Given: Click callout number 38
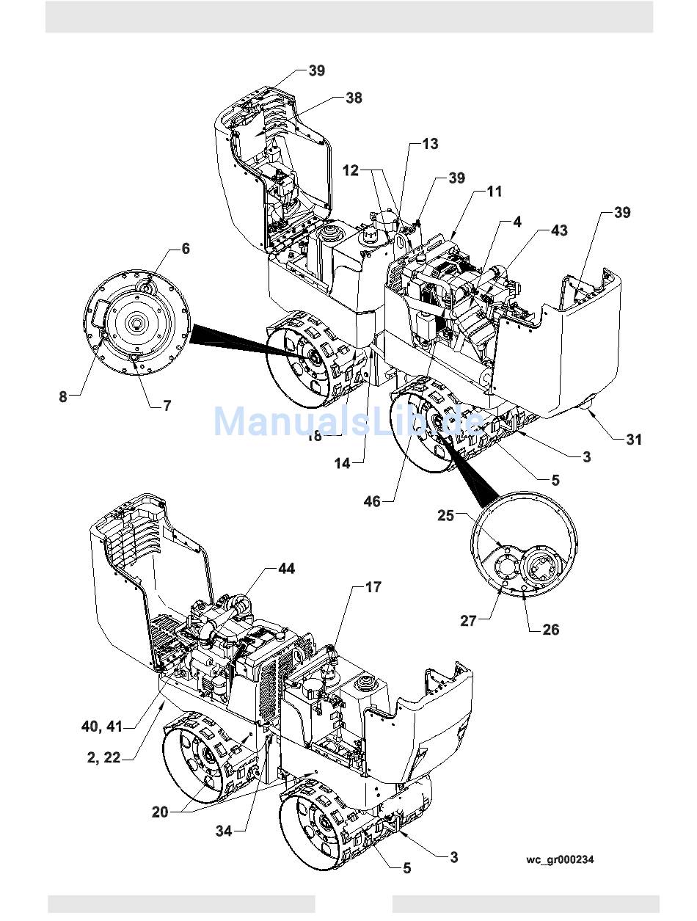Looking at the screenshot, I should [354, 98].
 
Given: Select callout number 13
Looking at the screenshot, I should [429, 144].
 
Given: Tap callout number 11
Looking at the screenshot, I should [495, 192].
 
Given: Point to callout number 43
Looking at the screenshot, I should [558, 230].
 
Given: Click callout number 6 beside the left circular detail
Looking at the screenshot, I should [186, 249].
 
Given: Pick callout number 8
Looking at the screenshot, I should [63, 396].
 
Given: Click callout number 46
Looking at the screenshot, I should [373, 501].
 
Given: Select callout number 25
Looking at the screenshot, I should [446, 515].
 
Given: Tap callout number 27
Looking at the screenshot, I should [469, 621].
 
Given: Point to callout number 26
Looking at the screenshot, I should [550, 629].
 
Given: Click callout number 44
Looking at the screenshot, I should [285, 569].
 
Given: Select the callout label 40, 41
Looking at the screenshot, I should [102, 727].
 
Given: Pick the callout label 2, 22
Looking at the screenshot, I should [103, 758].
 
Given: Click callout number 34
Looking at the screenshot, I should [224, 831].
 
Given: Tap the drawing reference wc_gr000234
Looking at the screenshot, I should [560, 860].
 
